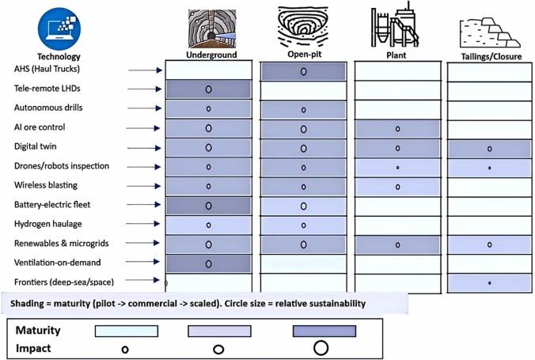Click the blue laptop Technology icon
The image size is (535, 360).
pos(59,29)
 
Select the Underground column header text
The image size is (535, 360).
pos(211,55)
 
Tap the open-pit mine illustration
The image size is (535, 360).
pos(303,27)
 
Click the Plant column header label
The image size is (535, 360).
pos(397,55)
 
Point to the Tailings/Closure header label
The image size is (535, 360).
pos(491,57)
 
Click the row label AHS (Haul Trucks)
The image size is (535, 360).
pos(47,69)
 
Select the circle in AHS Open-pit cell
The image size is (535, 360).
pos(303,72)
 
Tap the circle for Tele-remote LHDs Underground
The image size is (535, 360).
pos(208,89)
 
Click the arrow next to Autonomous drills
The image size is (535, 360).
pos(145,108)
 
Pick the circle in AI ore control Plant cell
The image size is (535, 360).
pos(397,129)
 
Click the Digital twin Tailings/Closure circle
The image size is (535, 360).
pos(490,149)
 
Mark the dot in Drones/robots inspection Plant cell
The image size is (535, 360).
pos(398,168)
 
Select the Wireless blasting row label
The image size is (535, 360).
pos(46,185)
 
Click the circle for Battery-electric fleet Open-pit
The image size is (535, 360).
pos(303,206)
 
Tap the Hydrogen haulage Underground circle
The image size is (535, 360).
pos(208,225)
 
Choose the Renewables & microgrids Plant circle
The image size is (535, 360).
pos(397,245)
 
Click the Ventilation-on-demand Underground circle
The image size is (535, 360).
pos(208,263)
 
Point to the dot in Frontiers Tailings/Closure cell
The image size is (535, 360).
pos(490,283)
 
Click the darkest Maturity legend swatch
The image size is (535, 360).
pos(324,331)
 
